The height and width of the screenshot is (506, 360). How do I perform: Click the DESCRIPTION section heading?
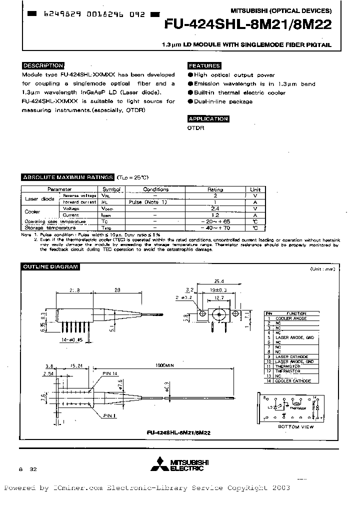pos(43,65)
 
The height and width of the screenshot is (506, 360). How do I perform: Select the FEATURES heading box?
pos(204,66)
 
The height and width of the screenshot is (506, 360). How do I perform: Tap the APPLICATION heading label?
pos(208,119)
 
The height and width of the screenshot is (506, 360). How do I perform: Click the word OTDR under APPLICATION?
pos(195,128)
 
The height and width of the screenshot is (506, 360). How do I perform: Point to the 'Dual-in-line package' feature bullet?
pos(222,101)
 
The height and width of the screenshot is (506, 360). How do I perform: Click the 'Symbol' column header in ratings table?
pos(111,189)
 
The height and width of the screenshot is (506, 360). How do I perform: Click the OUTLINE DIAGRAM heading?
pos(50,266)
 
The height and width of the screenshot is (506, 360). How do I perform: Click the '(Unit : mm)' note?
pos(322,269)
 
